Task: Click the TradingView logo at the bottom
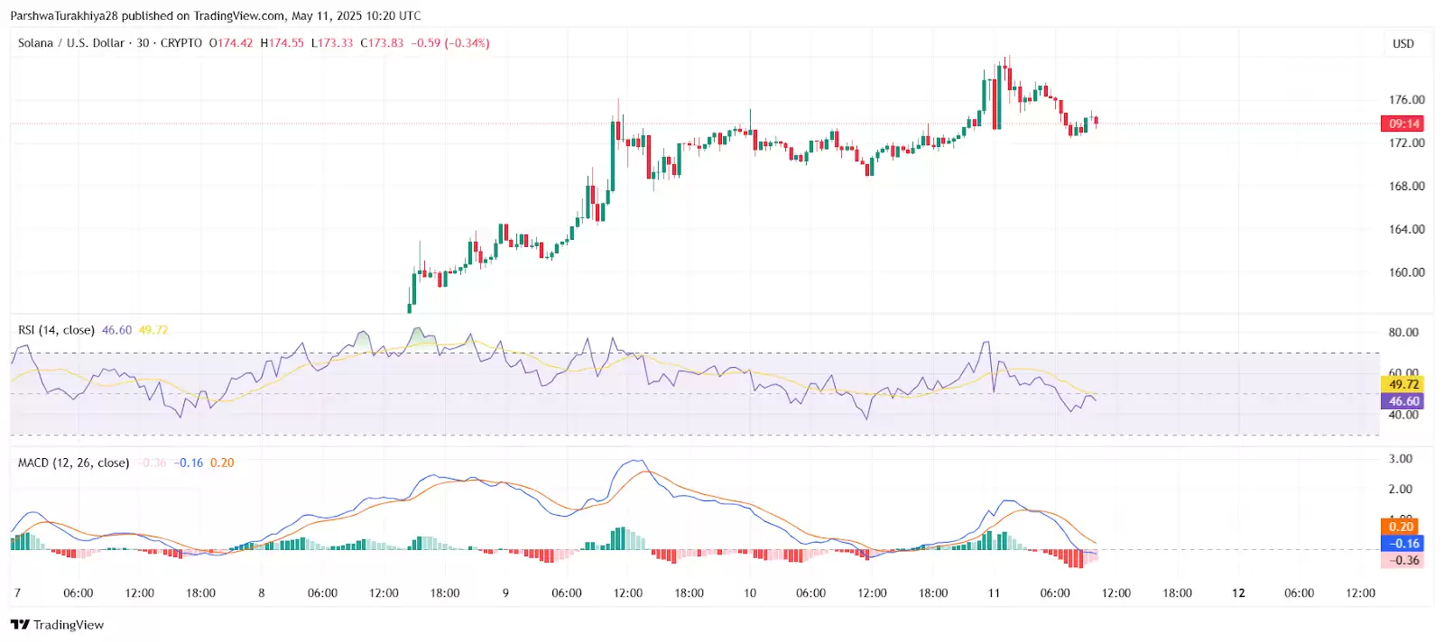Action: (x=57, y=625)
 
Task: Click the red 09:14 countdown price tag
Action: (x=1403, y=124)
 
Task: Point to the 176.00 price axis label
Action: (x=1406, y=100)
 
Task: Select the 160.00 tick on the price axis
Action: (x=1406, y=272)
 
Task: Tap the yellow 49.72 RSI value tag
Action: (x=1403, y=384)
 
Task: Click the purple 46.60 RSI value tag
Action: (x=1403, y=401)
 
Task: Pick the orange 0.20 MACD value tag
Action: (x=1401, y=527)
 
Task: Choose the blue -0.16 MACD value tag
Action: (x=1402, y=543)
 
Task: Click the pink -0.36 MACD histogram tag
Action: (x=1402, y=560)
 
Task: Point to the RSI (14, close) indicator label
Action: (x=56, y=330)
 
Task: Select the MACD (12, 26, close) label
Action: (x=73, y=463)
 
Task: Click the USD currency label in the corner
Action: (x=1402, y=43)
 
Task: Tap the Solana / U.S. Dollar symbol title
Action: (x=71, y=43)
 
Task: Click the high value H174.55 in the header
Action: (x=282, y=43)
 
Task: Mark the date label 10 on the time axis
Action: (x=750, y=593)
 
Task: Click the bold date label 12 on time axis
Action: (x=1238, y=593)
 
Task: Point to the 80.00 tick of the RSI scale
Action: (x=1403, y=333)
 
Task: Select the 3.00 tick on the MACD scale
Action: (x=1401, y=459)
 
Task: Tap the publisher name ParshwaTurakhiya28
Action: (x=64, y=15)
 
